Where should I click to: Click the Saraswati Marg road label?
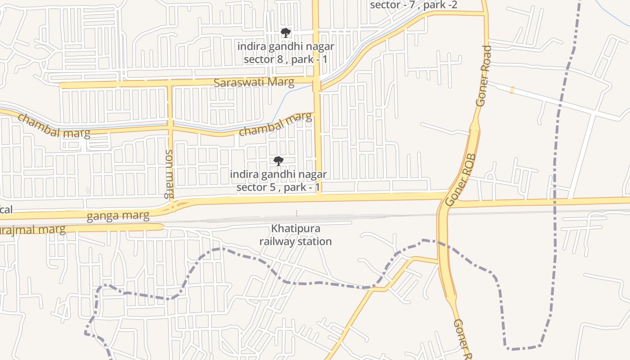tap(254, 82)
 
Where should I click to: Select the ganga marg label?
tap(118, 216)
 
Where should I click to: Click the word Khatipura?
tap(295, 229)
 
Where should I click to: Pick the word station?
tap(315, 241)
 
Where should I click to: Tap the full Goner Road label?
tap(484, 76)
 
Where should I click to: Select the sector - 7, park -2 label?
tap(414, 5)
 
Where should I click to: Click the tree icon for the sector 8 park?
tap(285, 32)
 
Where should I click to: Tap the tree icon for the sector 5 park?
tap(279, 161)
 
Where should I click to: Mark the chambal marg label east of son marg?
tap(275, 124)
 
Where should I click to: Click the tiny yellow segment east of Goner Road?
tap(512, 90)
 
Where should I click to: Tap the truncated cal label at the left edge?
tap(6, 210)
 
